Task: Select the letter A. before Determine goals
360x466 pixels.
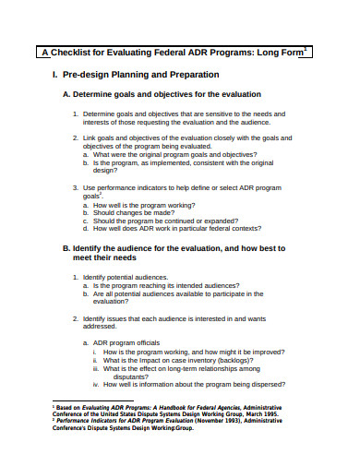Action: point(66,94)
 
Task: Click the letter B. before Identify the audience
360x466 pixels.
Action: point(66,249)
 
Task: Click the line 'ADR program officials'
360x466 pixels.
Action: point(132,342)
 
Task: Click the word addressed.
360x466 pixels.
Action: point(100,326)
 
